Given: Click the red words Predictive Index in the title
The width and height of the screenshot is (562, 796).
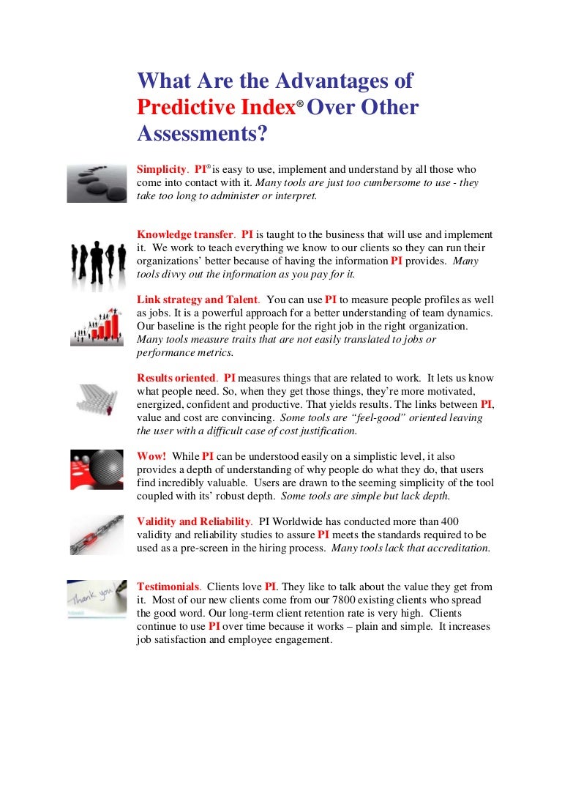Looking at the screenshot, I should [215, 108].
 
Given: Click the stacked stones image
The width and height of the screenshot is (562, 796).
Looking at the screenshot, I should [97, 183].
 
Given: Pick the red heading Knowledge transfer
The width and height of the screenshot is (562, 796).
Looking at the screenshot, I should [184, 234].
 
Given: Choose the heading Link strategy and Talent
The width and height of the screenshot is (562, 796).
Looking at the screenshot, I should [198, 300].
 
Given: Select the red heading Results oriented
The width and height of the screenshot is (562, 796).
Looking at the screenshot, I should [176, 378].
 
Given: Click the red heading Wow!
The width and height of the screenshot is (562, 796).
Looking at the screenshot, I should [151, 455].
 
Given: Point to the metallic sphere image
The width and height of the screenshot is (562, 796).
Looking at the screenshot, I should [97, 469].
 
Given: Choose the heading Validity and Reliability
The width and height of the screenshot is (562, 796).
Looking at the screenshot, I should [194, 521].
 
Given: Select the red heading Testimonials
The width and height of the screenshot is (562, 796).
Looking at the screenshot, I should [168, 587].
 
